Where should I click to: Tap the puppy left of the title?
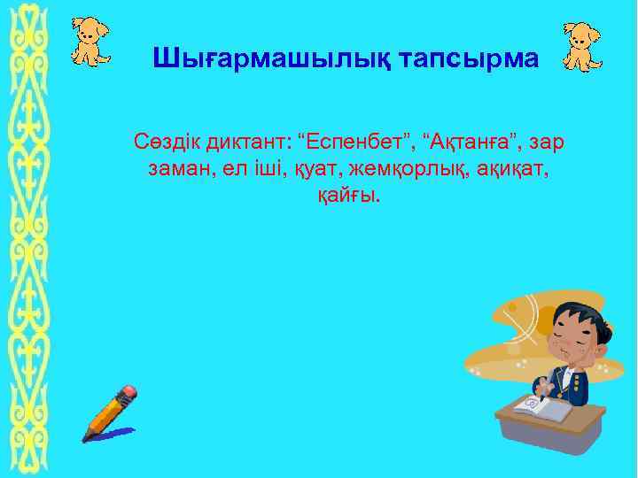coord(90,41)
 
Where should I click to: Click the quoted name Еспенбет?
coord(359,142)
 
